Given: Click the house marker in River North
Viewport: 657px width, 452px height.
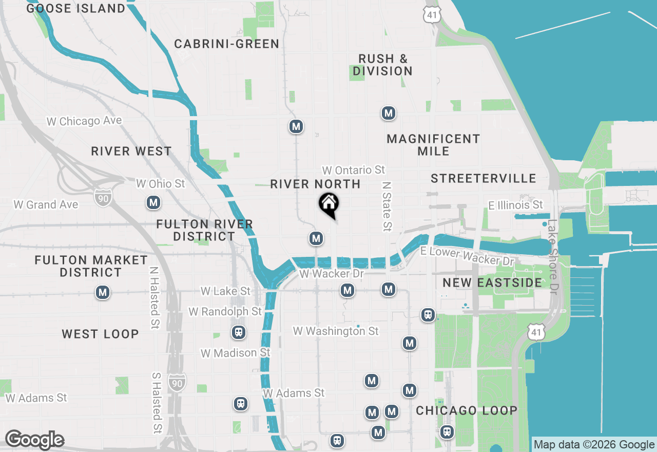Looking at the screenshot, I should pos(328,204).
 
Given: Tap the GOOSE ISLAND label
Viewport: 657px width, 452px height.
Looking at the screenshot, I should pos(75,9).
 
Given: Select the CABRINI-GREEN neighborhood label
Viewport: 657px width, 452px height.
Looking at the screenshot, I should pos(226,44).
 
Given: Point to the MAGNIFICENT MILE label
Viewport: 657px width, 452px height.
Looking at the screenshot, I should pos(433,145).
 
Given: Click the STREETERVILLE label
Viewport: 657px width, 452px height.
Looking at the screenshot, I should pos(484,179).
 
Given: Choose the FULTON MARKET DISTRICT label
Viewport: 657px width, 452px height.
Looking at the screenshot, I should pos(91,266).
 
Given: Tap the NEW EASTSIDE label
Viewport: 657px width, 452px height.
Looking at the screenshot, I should pos(492,283).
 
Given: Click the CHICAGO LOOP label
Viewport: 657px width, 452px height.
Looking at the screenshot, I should pos(466,411).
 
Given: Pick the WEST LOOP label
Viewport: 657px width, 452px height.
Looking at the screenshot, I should pos(100,334).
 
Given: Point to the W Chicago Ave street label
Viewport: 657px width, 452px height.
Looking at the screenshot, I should pos(84,121).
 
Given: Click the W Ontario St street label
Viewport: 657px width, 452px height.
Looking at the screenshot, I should pos(353,170).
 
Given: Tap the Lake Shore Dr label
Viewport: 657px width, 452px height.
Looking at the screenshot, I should pos(552,257).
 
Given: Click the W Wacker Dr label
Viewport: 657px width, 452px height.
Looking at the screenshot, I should pos(331,274).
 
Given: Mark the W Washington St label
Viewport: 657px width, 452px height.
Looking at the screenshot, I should pos(336,331).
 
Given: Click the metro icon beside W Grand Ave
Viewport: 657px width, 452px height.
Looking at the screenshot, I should pos(153,203).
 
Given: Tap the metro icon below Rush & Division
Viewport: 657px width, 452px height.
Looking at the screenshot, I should pos(389,113).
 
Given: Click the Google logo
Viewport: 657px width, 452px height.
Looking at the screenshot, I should pos(34,440).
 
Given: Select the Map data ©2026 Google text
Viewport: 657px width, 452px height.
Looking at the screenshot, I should pos(594,445).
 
